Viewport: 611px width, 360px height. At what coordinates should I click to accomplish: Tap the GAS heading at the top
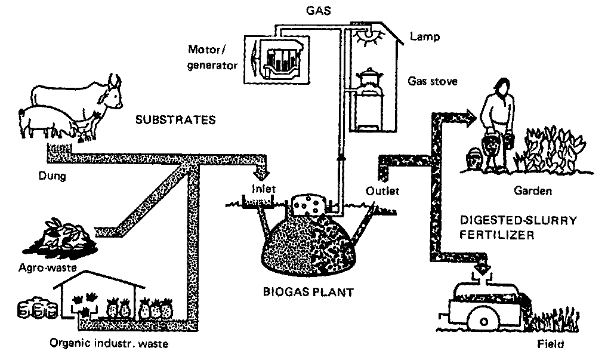pos(311,10)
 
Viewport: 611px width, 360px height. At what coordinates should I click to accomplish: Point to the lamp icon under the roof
pos(371,38)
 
